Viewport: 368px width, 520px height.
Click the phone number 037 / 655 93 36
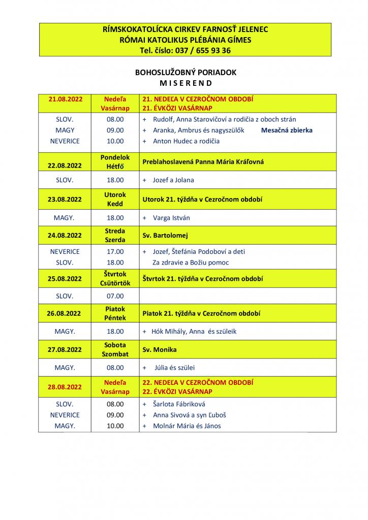203,50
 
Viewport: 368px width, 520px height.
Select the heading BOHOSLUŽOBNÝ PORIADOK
186,73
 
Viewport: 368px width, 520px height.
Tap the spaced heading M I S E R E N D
186,83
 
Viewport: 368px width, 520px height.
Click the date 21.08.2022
66,99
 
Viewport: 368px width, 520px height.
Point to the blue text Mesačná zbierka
287,130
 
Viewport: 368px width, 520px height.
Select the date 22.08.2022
66,166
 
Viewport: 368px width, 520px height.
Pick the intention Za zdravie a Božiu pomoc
191,263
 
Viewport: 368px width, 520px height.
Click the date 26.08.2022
66,314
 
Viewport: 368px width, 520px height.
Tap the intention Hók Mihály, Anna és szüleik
194,332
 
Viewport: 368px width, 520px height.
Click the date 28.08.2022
66,386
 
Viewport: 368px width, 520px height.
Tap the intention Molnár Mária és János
187,426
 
